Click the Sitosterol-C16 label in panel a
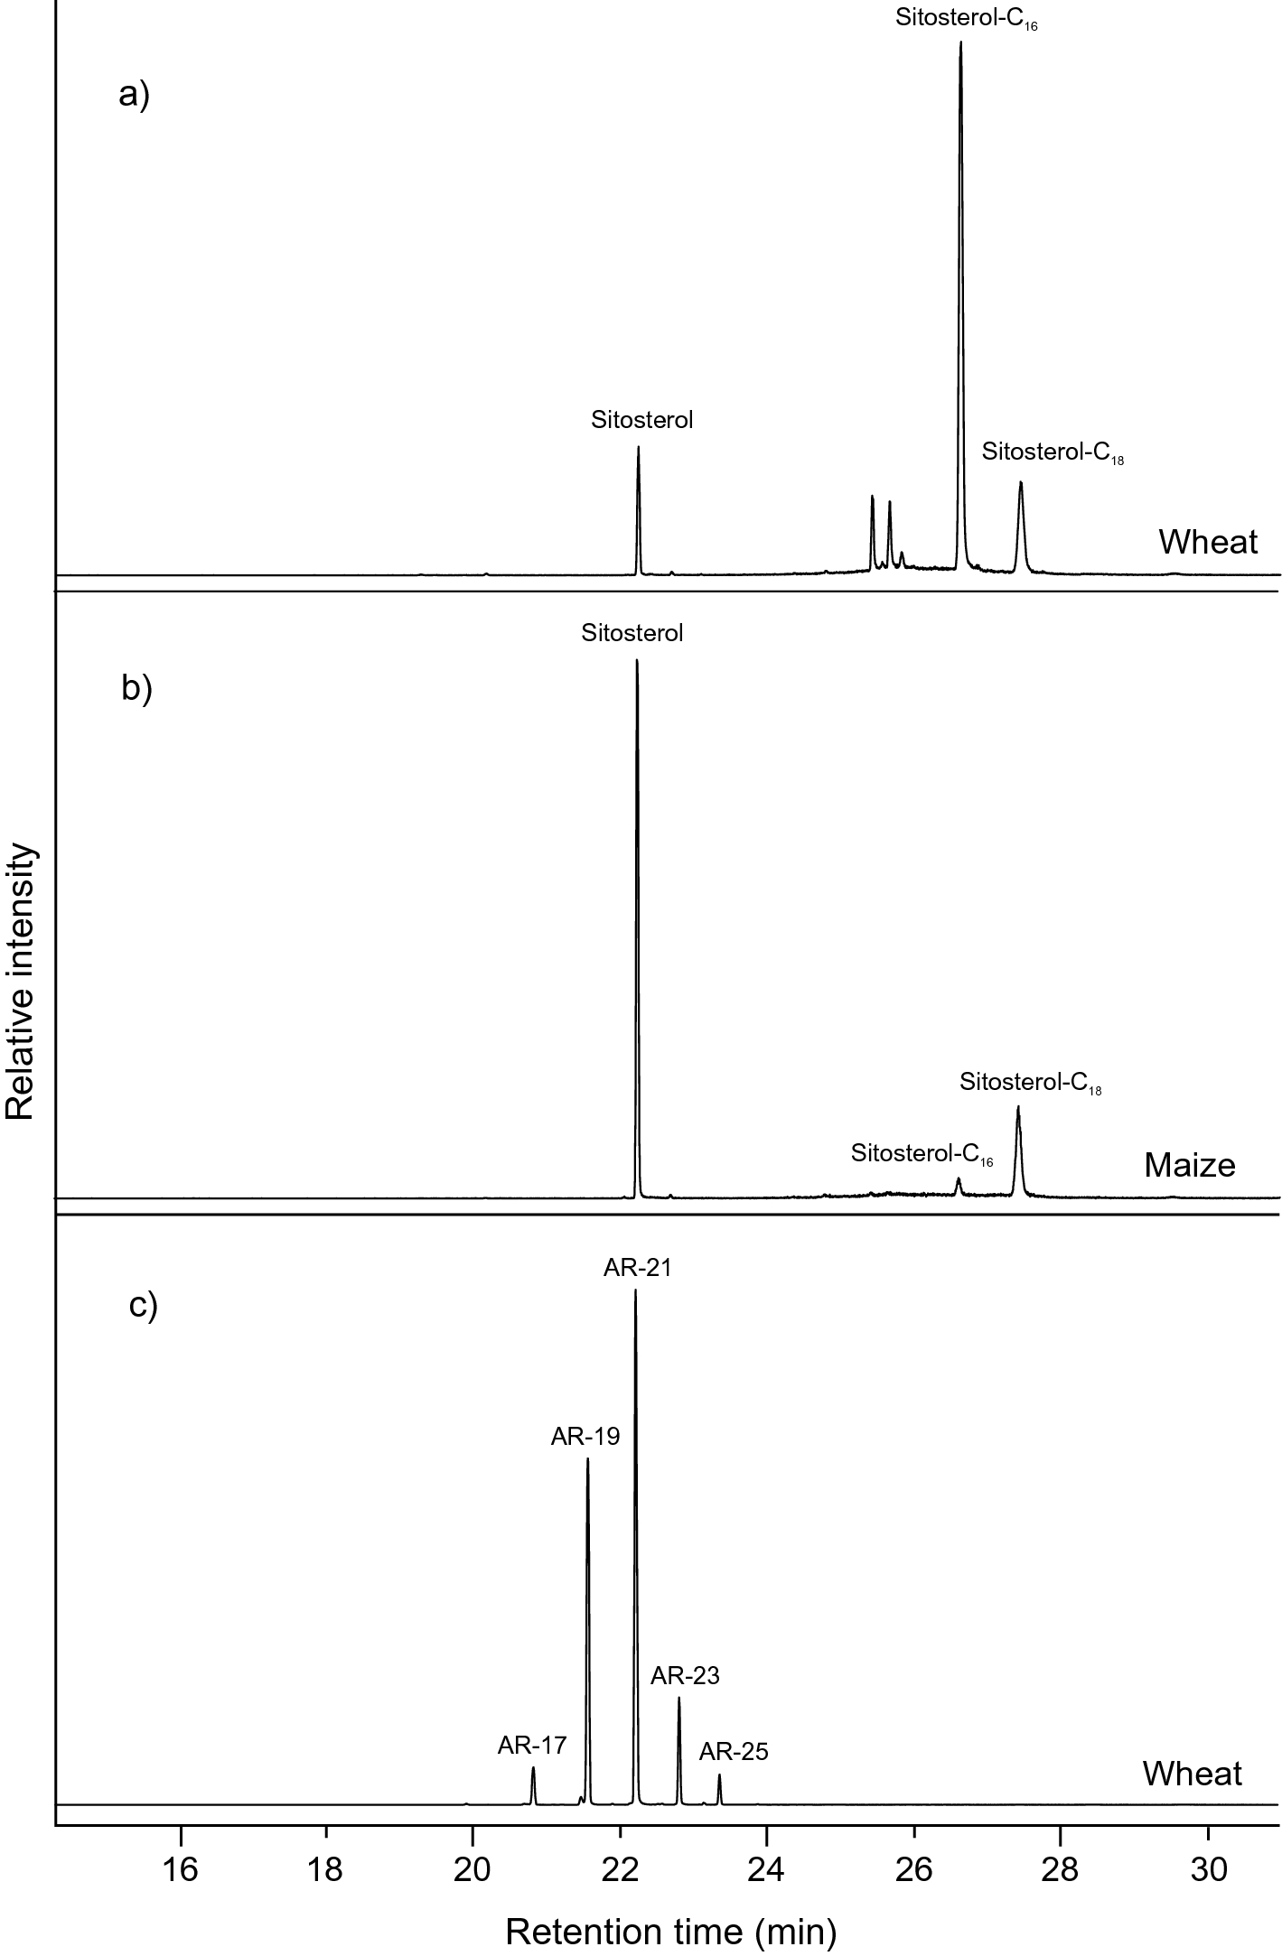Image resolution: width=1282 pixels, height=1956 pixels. tap(966, 20)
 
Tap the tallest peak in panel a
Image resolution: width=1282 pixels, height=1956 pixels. tap(960, 45)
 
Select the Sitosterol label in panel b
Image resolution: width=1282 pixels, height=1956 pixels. tap(632, 633)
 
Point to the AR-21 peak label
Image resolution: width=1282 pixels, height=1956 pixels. tap(637, 1268)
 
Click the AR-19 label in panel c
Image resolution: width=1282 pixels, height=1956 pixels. tap(585, 1436)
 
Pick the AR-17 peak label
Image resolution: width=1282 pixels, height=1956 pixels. tap(531, 1746)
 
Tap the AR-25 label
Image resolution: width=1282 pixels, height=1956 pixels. tap(734, 1752)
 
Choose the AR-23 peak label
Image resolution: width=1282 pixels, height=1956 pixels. tap(685, 1676)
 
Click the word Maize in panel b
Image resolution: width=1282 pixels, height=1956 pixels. tap(1189, 1165)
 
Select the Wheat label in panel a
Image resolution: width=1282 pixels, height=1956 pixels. tap(1208, 542)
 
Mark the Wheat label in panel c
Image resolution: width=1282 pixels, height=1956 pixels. tap(1192, 1774)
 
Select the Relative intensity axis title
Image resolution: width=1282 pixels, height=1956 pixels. tap(20, 983)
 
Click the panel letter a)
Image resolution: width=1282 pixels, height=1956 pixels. tap(134, 94)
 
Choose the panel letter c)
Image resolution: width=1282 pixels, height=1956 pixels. tap(143, 1306)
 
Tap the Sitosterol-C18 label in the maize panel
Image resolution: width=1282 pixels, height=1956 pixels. tap(1030, 1083)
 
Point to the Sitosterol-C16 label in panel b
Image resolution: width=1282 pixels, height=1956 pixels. tap(922, 1154)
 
